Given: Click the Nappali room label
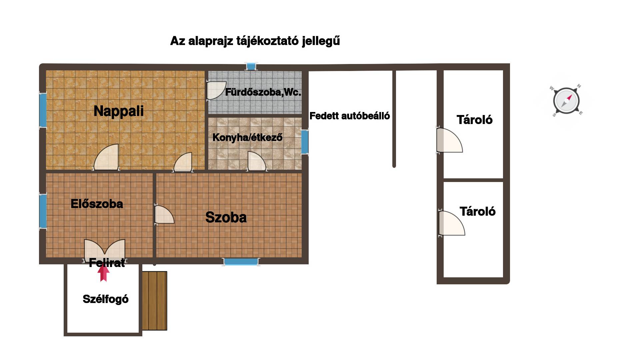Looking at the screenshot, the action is [x=119, y=111].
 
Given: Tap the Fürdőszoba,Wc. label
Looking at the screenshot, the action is [x=263, y=92].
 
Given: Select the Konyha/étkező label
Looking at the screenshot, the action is [x=247, y=137].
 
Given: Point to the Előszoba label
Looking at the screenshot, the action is [x=97, y=204].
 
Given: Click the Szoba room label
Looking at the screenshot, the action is [x=226, y=217].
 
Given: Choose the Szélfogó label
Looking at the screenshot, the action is [x=106, y=299].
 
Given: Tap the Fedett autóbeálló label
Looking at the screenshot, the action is [x=350, y=116].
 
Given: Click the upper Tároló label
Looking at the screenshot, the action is [x=475, y=120].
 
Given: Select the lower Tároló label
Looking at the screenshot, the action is [x=478, y=211].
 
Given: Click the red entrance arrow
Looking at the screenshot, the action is [x=103, y=273].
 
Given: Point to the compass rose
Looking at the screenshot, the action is [x=566, y=100].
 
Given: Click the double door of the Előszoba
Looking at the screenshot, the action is [x=105, y=250].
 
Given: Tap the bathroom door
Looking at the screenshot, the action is [x=216, y=90].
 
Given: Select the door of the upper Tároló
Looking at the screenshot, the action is [x=449, y=140].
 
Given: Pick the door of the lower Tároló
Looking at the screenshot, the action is [x=451, y=223].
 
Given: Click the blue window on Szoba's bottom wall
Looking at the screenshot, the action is [x=241, y=262].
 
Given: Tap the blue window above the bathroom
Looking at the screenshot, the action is [x=251, y=66].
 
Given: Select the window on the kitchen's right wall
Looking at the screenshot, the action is [x=305, y=142].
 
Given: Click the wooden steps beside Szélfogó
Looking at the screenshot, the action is [x=154, y=301].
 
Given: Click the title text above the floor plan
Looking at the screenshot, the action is [x=255, y=41].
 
